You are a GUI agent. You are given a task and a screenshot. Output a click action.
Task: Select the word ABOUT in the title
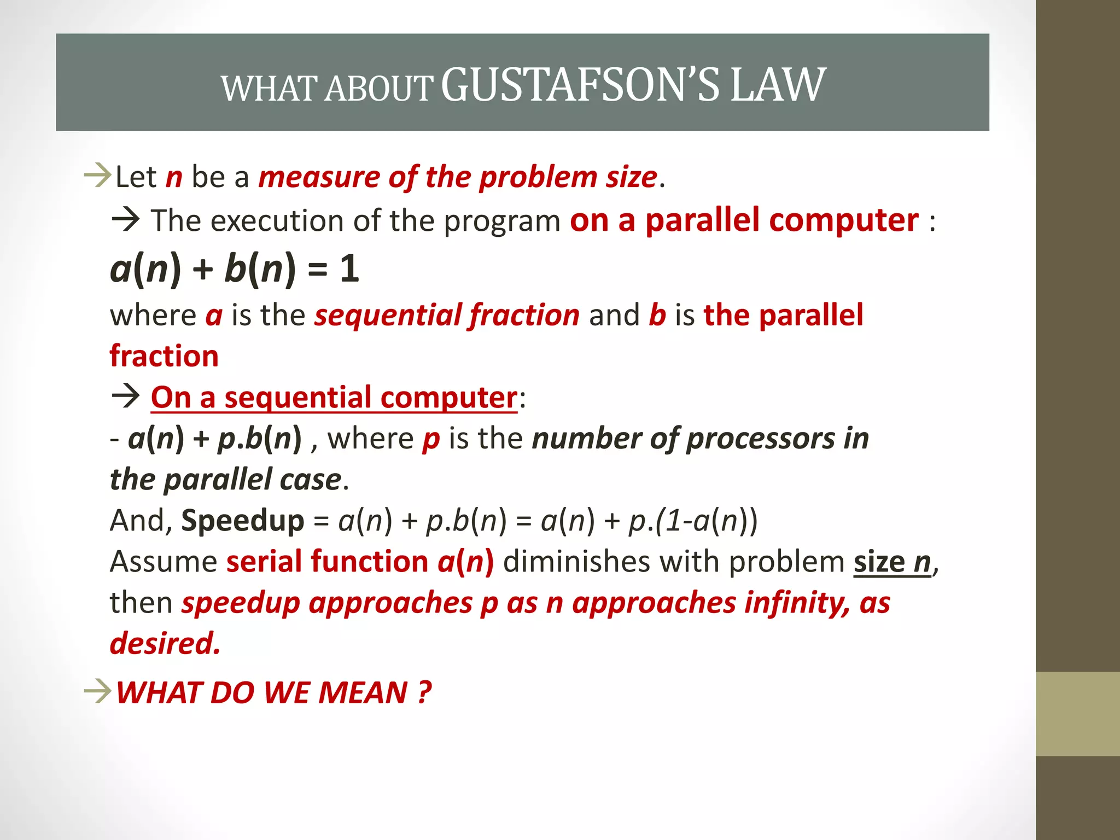(378, 89)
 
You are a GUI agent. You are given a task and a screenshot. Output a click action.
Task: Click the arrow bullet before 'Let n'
(98, 176)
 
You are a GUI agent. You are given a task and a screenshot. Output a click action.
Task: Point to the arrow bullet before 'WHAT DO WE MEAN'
(98, 692)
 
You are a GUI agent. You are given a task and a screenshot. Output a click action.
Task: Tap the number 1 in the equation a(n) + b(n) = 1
(349, 269)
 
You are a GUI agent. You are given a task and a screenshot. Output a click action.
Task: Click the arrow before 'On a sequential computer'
(126, 396)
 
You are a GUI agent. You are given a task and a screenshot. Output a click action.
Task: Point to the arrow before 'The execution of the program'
(126, 220)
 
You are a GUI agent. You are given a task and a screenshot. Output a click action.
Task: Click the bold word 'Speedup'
(242, 520)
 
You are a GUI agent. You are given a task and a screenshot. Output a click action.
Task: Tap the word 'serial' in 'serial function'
(264, 562)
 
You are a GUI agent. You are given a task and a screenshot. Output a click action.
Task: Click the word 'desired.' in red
(165, 644)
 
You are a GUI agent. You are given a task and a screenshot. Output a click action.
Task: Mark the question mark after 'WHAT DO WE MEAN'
(424, 692)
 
